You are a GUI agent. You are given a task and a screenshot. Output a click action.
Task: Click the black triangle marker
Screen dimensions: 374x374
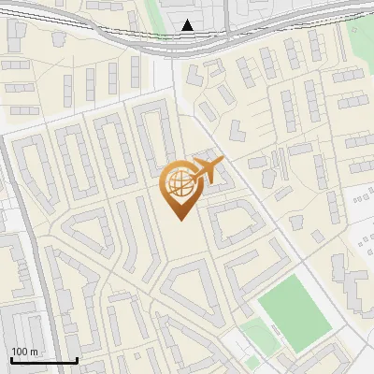tap(188, 25)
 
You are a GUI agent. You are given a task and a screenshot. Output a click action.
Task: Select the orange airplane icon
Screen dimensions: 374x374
tap(208, 170)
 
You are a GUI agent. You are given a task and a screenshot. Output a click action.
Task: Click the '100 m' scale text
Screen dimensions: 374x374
tap(24, 351)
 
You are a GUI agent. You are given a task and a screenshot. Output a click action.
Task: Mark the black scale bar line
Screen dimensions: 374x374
tap(44, 360)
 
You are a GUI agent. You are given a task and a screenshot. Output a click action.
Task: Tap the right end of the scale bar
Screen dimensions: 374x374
tap(77, 360)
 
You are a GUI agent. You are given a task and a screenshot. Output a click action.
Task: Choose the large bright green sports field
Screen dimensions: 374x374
tap(295, 313)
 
